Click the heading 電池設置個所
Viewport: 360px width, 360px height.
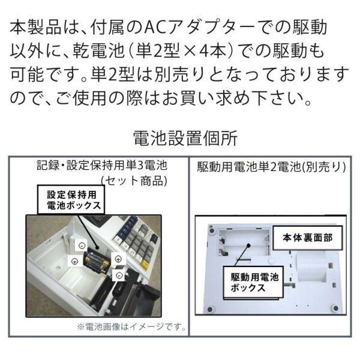point(180,139)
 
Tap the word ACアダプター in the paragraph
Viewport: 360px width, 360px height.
point(180,28)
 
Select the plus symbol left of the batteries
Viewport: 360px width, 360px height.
point(73,260)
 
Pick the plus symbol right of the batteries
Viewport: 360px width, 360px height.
point(118,259)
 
